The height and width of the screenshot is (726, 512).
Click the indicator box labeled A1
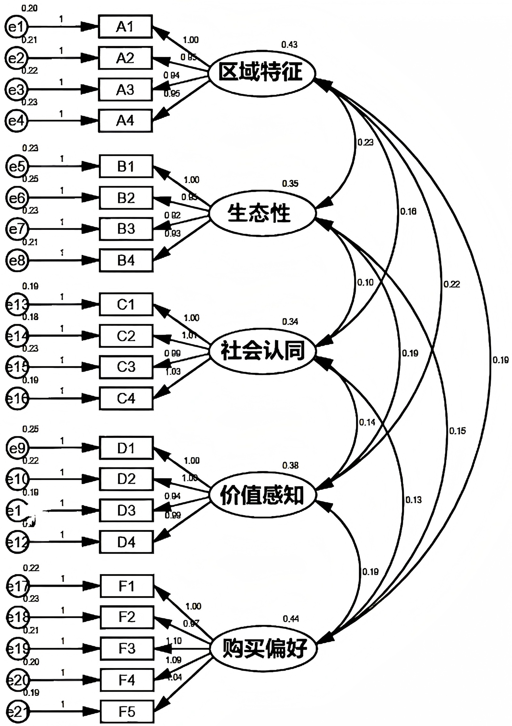125,27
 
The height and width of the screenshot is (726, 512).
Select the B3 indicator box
126,229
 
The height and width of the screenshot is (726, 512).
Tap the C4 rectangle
126,398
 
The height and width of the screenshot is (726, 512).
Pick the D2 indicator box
126,479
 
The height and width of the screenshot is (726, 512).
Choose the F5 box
127,712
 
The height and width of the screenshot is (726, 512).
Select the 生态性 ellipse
261,213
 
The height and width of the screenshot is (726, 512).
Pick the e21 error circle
18,712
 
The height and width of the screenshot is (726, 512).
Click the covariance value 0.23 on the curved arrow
365,142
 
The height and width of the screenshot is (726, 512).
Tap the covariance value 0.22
452,284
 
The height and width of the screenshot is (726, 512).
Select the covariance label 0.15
457,431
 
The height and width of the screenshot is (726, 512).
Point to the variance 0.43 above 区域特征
289,45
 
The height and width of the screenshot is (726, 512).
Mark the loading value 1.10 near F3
174,641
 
